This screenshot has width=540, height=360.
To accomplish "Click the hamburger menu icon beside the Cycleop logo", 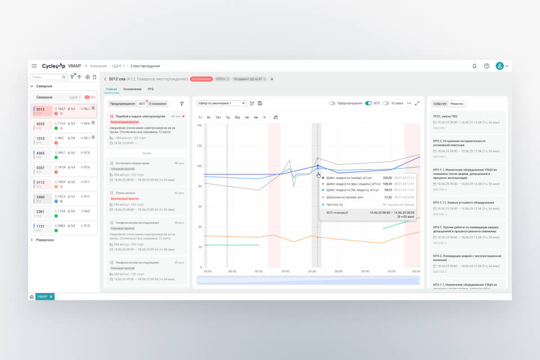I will tap(34, 66).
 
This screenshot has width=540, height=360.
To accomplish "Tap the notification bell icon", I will tap(474, 66).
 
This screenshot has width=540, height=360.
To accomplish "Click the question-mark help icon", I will tap(487, 66).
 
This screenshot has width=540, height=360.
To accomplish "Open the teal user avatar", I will tap(499, 66).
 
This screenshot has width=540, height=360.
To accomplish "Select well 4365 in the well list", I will tap(40, 152).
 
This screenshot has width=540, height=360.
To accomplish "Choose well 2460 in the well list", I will tap(40, 197).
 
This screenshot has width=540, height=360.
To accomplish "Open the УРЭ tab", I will tap(151, 89).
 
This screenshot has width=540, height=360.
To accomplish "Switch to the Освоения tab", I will tap(133, 89).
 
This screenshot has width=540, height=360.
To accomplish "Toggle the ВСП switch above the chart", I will tap(368, 103).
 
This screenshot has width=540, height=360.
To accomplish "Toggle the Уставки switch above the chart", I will tap(386, 103).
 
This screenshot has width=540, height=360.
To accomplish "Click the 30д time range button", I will tap(237, 117).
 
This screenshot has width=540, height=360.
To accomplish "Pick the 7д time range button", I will tap(228, 117).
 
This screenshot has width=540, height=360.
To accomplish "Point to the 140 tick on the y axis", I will tap(199, 125).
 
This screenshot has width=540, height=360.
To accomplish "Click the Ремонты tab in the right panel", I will tap(457, 103).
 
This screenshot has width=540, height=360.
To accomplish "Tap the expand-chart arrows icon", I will tap(417, 103).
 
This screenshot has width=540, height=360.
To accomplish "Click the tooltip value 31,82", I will tap(388, 197).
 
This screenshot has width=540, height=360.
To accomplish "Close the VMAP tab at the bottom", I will tap(51, 296).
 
